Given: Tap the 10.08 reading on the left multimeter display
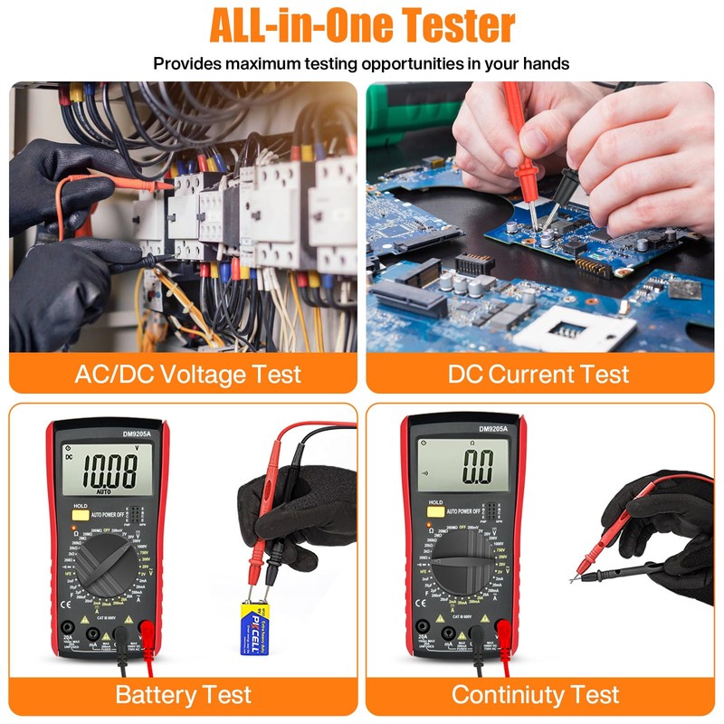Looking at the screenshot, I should [x=105, y=471].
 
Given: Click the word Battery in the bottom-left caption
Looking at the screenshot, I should [x=154, y=695].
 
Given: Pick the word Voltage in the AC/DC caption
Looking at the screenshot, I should [x=197, y=374].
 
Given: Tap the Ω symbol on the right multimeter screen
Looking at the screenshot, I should [x=471, y=442].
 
